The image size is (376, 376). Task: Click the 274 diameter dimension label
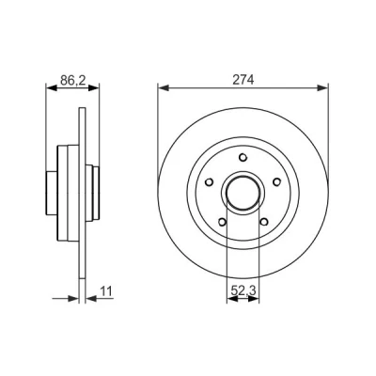[243, 80]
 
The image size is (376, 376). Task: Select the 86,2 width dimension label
[72, 81]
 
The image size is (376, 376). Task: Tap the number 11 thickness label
[106, 291]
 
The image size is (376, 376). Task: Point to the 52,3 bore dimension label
[243, 291]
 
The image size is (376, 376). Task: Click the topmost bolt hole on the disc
[243, 157]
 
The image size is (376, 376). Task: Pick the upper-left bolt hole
[209, 181]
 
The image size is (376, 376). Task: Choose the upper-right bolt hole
[277, 181]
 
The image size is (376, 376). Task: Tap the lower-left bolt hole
[222, 222]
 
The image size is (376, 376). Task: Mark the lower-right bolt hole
[264, 222]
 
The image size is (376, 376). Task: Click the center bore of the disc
[243, 193]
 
